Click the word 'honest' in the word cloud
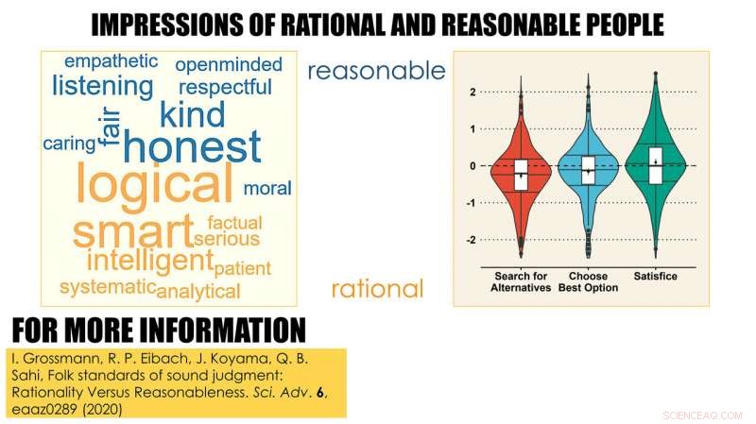[x=192, y=148]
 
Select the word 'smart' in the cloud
[x=133, y=231]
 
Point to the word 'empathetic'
[x=111, y=61]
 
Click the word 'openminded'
[x=229, y=64]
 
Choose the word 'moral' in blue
[x=267, y=188]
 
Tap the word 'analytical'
[x=198, y=290]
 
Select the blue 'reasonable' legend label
[x=376, y=71]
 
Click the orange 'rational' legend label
[x=377, y=288]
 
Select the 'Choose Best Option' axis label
[x=588, y=281]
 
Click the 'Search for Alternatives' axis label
[x=521, y=281]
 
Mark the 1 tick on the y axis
[x=471, y=128]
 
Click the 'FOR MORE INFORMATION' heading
[x=159, y=331]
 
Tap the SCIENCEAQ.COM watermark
[x=703, y=414]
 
